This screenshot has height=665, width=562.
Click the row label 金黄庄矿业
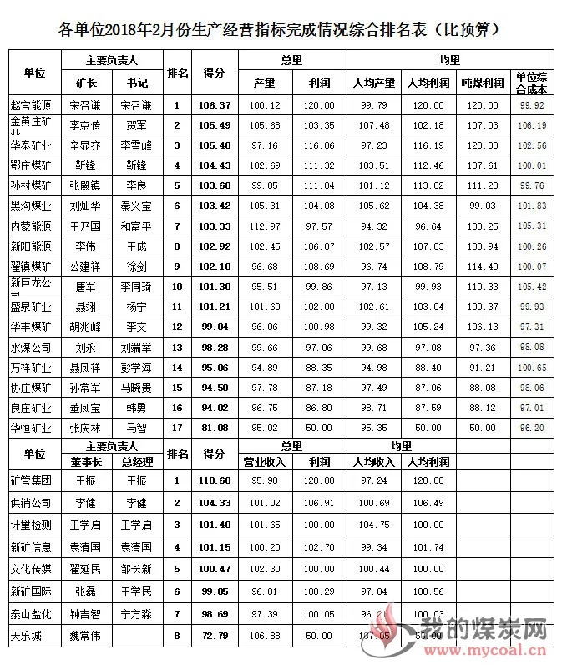pyautogui.click(x=31, y=125)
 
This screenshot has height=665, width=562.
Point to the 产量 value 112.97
pyautogui.click(x=265, y=226)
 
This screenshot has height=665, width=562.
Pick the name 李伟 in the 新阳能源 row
pyautogui.click(x=84, y=246)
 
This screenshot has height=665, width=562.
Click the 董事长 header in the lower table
pyautogui.click(x=86, y=460)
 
